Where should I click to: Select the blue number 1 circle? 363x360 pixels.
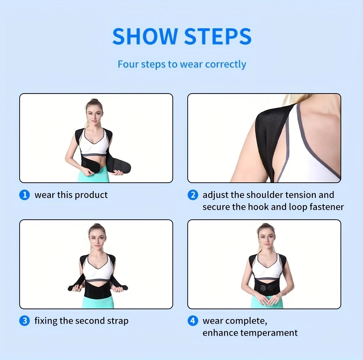pos(25,195)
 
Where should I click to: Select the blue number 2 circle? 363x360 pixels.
pos(193,195)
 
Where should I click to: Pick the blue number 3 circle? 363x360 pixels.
pos(25,321)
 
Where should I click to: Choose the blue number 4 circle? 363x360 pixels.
pos(193,321)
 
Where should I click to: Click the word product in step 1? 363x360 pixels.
pos(91,195)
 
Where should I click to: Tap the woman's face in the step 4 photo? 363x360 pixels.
pos(266,239)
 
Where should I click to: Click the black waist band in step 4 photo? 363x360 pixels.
pos(268,287)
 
